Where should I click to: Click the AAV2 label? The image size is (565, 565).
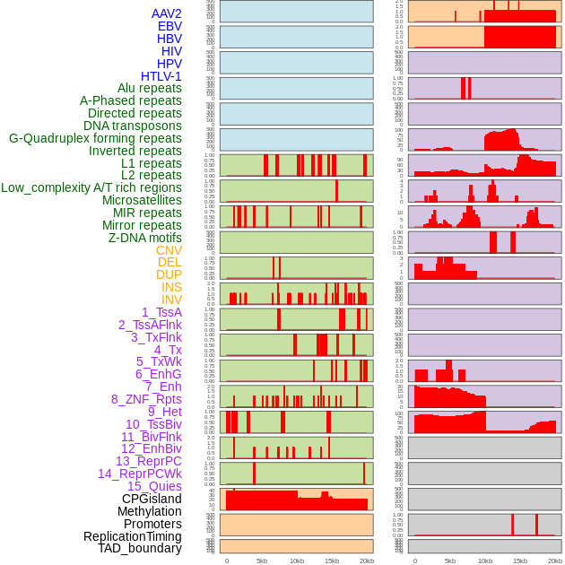coord(167,14)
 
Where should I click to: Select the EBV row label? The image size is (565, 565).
coord(169,27)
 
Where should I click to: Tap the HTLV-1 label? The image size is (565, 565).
coord(161,76)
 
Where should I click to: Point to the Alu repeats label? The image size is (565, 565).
coord(150,89)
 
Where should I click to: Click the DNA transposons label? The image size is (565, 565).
coord(133,126)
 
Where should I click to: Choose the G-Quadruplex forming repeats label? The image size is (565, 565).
coord(95,139)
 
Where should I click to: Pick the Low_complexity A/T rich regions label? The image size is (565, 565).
coord(91,188)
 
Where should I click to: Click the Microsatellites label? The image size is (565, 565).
coord(142,201)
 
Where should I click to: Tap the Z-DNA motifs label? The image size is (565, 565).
coord(145,238)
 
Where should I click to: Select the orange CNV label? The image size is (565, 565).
coord(169,250)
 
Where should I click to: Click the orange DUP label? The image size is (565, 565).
coord(169,275)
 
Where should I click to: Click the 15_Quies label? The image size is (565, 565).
coord(154,486)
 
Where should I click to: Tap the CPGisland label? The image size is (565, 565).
coord(152,499)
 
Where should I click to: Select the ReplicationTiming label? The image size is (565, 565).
coord(134,536)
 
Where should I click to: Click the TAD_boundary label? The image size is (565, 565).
coord(140,548)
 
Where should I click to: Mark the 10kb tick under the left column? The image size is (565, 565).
coord(297,561)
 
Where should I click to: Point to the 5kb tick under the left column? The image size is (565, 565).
coord(262,561)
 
